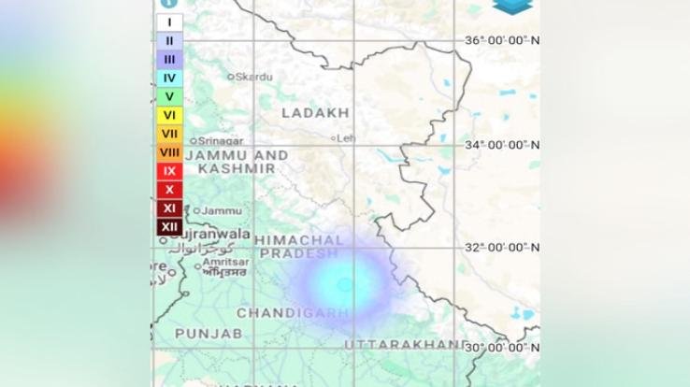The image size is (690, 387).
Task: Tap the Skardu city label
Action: coord(253,77)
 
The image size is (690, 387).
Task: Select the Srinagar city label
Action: coord(221,141)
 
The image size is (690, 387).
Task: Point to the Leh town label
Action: coord(345,137)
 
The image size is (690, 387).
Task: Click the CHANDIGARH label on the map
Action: coord(293,313)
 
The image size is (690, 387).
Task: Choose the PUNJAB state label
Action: coord(208,333)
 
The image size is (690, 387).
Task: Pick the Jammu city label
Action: coord(221,210)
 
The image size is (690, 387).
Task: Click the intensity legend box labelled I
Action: coord(169,22)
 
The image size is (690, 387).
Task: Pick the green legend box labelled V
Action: coord(169,96)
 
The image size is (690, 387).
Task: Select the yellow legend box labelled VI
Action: coord(169,115)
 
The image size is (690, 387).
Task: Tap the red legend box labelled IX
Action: coord(169,171)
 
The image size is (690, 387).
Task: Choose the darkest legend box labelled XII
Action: coord(169,226)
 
